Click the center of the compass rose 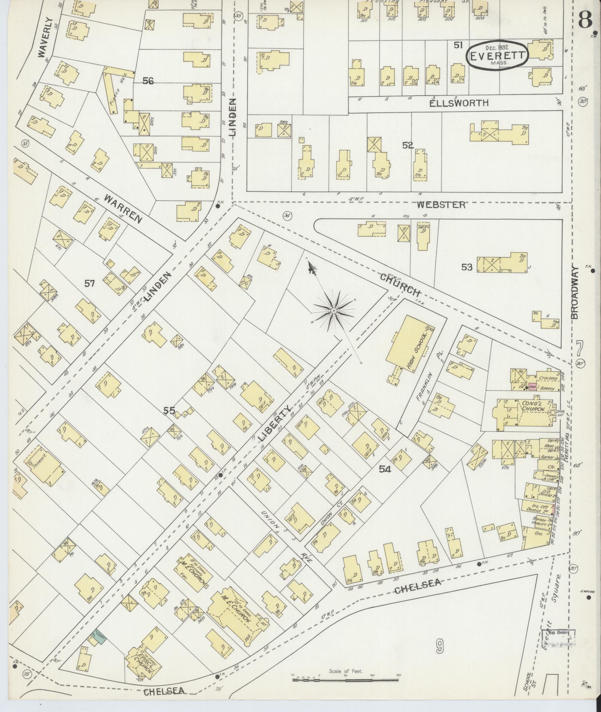pyautogui.click(x=334, y=310)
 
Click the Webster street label pyautogui.click(x=441, y=204)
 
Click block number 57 pyautogui.click(x=89, y=284)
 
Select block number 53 pyautogui.click(x=467, y=267)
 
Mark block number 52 pyautogui.click(x=408, y=145)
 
